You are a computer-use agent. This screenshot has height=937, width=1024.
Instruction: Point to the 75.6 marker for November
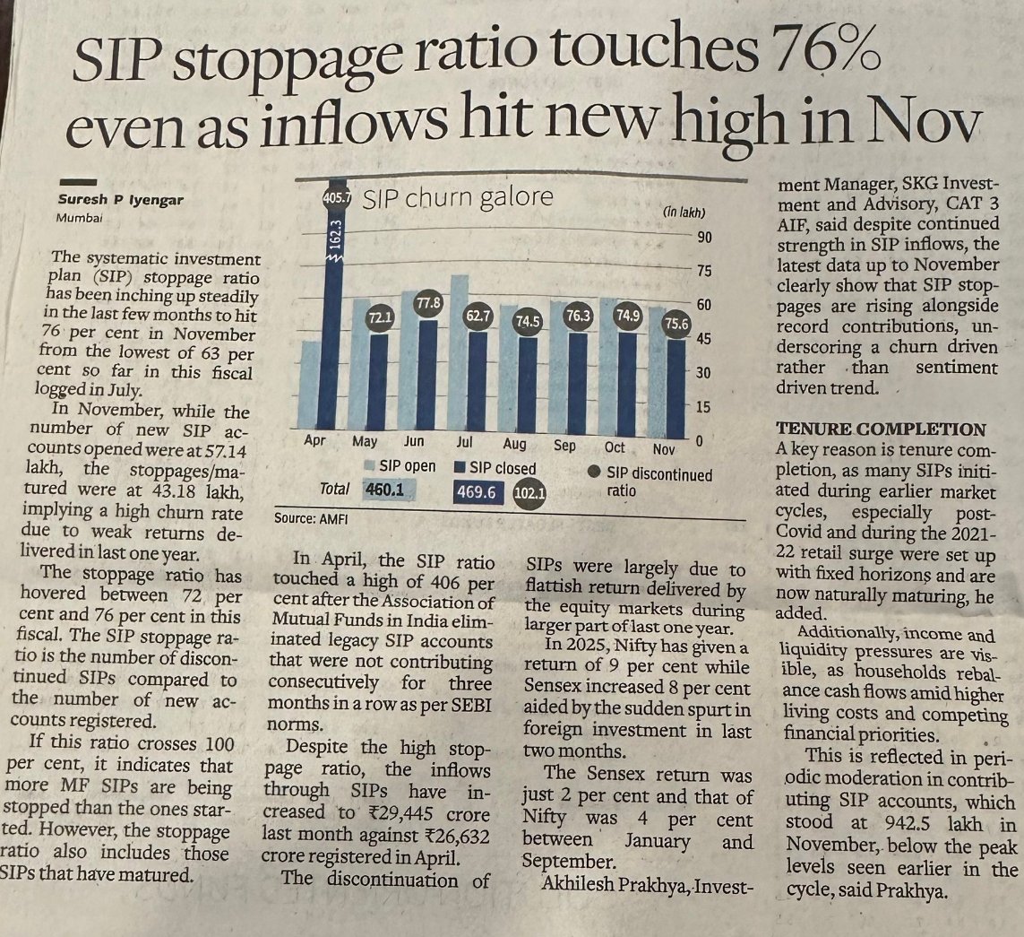pos(676,326)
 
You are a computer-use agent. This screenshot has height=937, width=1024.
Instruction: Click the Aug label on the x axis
pos(514,444)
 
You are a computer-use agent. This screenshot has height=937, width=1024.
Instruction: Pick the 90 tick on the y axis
pos(705,237)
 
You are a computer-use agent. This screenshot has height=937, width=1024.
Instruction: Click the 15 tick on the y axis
pos(704,406)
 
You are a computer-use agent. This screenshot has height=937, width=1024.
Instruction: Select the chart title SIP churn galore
pos(457,197)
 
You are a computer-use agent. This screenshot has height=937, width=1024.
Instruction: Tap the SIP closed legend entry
pos(495,468)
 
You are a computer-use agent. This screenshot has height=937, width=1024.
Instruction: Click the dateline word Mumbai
pos(79,219)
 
